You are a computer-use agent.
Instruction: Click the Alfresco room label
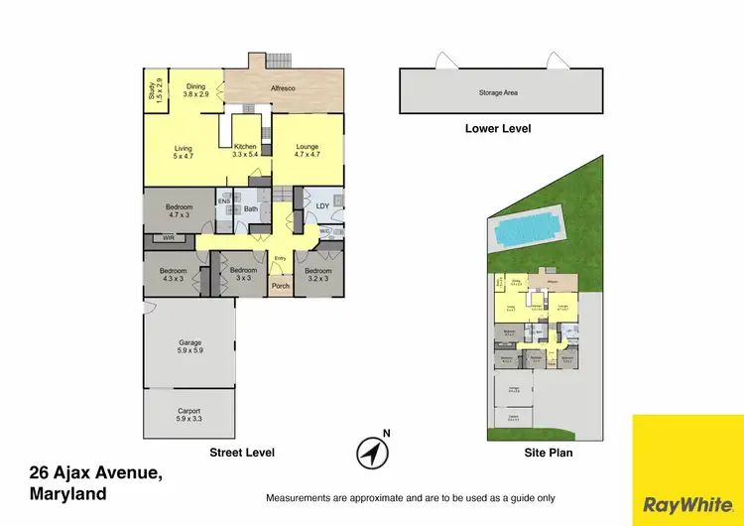pyautogui.click(x=283, y=88)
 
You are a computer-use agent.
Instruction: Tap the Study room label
pyautogui.click(x=154, y=91)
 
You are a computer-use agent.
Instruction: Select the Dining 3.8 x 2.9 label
pyautogui.click(x=196, y=90)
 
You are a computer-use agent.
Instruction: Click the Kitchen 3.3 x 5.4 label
pyautogui.click(x=245, y=151)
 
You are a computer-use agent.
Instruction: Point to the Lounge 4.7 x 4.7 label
pyautogui.click(x=307, y=151)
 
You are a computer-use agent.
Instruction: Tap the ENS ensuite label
pyautogui.click(x=224, y=201)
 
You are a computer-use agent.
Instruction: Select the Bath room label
pyautogui.click(x=251, y=208)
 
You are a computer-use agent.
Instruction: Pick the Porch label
pyautogui.click(x=281, y=287)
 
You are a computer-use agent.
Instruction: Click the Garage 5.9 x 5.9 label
pyautogui.click(x=190, y=346)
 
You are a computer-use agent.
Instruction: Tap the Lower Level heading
pyautogui.click(x=498, y=129)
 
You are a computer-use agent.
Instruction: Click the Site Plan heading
pyautogui.click(x=548, y=453)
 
